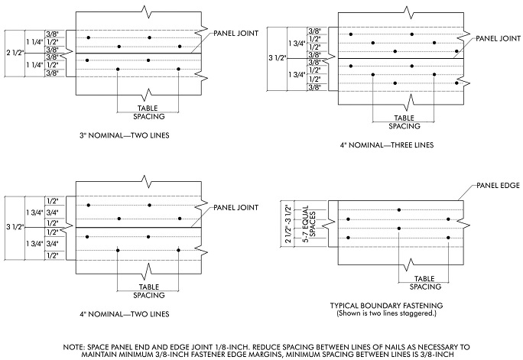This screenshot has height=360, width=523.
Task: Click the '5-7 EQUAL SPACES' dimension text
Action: (x=329, y=223)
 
